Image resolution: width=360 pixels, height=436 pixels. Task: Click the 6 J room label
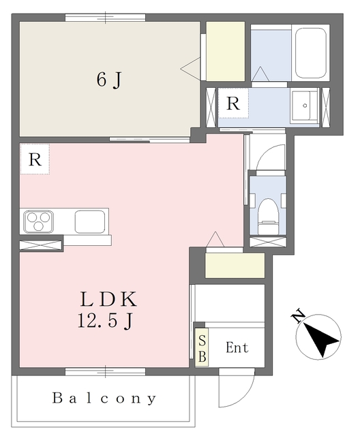click(x=109, y=80)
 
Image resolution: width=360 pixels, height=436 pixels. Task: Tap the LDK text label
click(x=109, y=299)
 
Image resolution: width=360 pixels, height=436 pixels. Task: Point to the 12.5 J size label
click(x=105, y=320)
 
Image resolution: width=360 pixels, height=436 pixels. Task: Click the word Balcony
click(x=104, y=399)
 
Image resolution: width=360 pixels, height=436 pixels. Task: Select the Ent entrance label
click(x=237, y=347)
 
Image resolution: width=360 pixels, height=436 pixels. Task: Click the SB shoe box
click(x=202, y=348)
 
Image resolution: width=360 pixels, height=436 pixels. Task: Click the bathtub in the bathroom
click(x=311, y=53)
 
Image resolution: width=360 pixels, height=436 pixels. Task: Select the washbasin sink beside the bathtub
click(x=304, y=106)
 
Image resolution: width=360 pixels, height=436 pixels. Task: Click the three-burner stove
click(x=38, y=221)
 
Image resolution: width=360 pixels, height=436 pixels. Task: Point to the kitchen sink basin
click(x=89, y=221)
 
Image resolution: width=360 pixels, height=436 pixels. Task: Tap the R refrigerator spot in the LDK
click(x=35, y=159)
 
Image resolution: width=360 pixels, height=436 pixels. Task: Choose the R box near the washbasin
click(x=233, y=104)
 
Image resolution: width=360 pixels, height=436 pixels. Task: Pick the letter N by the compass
click(x=297, y=315)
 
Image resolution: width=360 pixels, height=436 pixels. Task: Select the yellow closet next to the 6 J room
click(x=226, y=52)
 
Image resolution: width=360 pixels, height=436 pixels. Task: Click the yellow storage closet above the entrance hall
click(x=235, y=265)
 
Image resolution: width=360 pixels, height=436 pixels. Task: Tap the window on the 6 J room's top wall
click(x=105, y=18)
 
